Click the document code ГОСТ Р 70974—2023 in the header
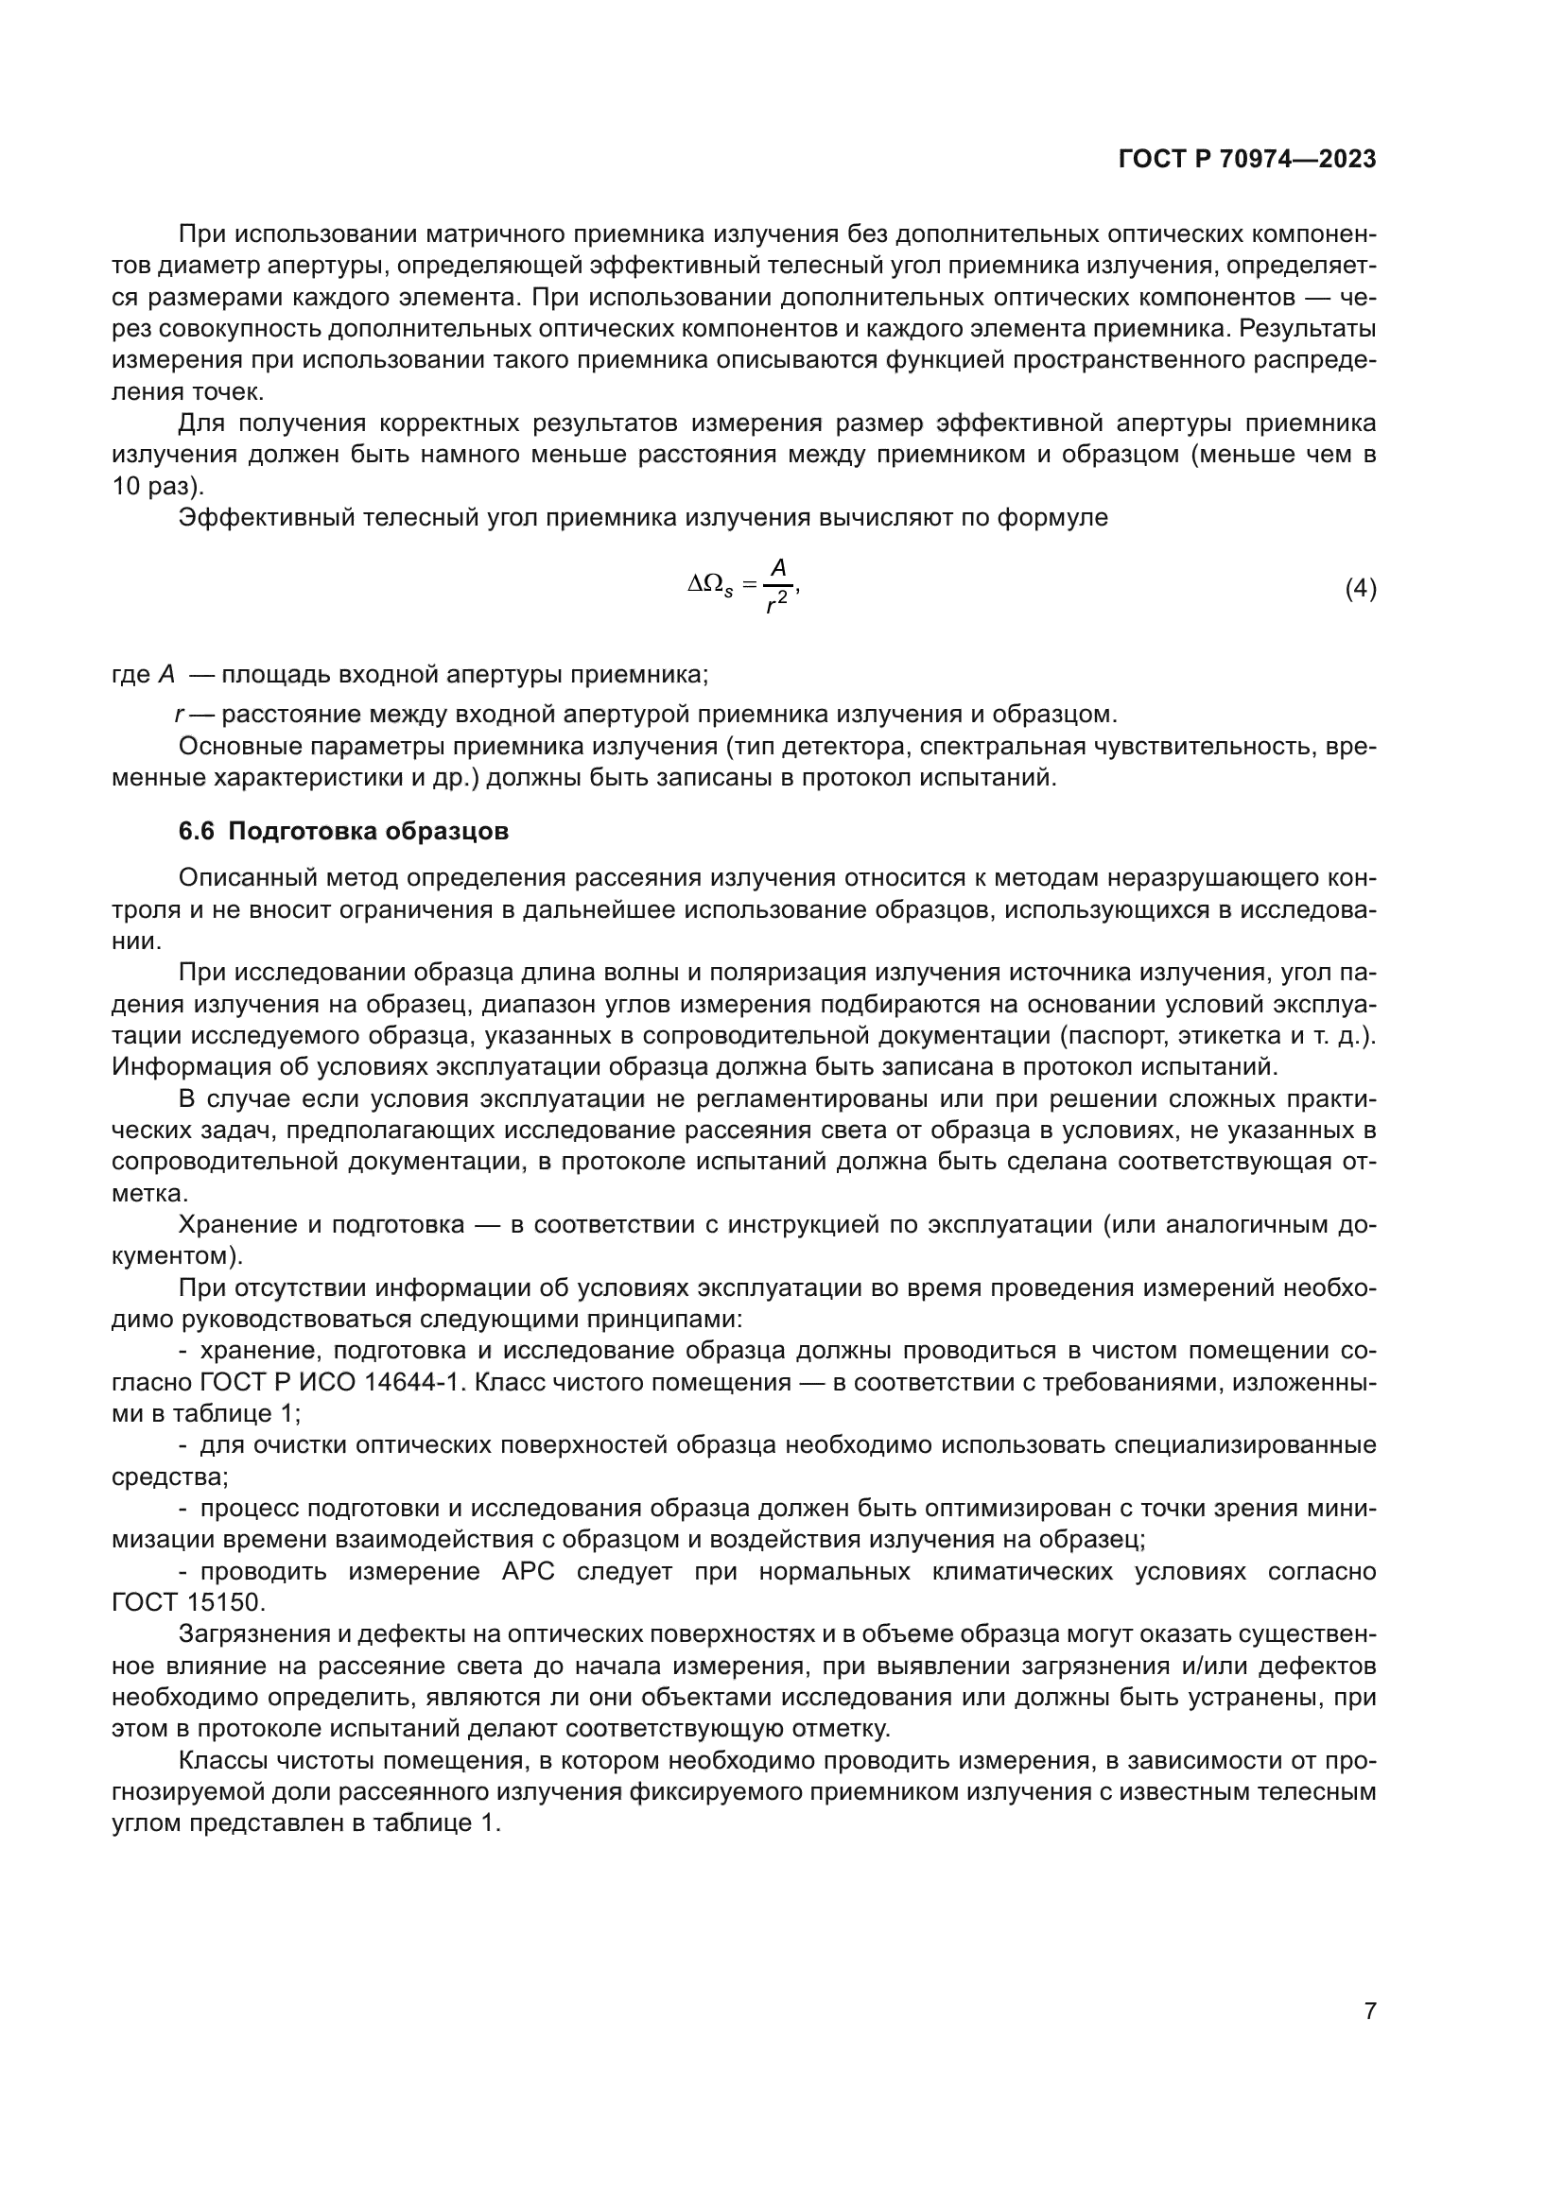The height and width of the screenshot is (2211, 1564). [1247, 160]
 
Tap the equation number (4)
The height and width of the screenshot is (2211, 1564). [1360, 588]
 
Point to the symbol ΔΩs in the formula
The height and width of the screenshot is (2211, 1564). [710, 584]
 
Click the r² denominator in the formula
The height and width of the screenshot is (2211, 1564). [776, 604]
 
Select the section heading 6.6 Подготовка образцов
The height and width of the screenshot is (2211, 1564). [344, 831]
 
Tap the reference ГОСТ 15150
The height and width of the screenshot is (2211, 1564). [188, 1603]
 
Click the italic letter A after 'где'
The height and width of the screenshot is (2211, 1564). [166, 674]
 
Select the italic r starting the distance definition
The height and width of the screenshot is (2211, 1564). [179, 715]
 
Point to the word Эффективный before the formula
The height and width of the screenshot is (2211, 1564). [264, 518]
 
